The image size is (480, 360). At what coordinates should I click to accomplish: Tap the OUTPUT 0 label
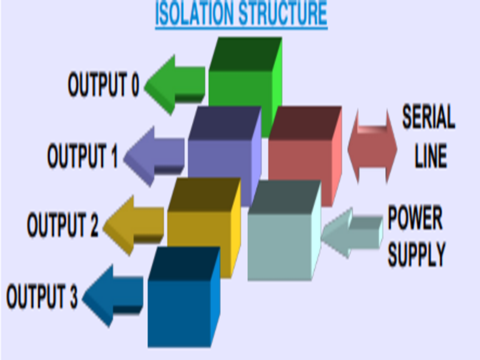pos(103,85)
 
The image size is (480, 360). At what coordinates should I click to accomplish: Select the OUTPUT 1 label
pos(83,156)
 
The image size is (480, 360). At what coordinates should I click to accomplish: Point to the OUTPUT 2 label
pos(62,226)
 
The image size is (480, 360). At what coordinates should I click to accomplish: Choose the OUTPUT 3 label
pos(42,296)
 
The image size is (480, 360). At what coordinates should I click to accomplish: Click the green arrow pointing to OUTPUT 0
pos(173,85)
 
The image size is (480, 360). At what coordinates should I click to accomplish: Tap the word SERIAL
pos(428,118)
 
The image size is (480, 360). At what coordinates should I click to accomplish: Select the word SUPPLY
pos(416,254)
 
